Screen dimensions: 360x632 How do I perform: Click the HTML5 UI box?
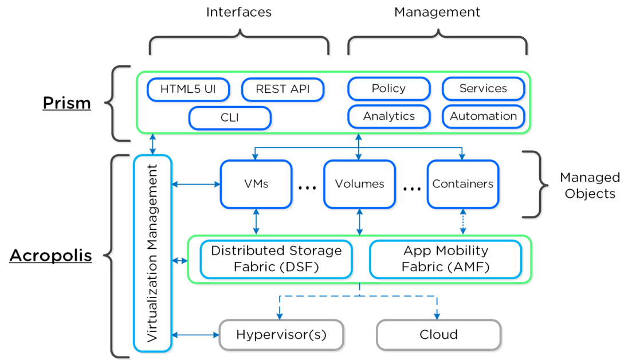click(x=189, y=89)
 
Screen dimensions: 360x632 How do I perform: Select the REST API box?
click(x=283, y=89)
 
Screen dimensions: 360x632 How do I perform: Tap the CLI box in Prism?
click(x=230, y=118)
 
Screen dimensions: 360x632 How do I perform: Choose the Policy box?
click(x=388, y=89)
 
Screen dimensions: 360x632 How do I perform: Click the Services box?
click(x=483, y=89)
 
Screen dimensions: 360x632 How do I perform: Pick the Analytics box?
click(x=388, y=116)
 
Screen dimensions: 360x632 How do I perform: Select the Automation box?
click(x=483, y=116)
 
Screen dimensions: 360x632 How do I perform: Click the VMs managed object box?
click(x=256, y=184)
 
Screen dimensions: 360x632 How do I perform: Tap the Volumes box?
click(x=359, y=184)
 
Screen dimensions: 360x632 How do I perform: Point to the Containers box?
click(x=462, y=184)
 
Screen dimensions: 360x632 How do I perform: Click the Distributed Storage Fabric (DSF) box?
click(x=276, y=259)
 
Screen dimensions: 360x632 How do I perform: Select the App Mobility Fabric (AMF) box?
click(x=445, y=259)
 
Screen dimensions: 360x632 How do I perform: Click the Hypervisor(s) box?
click(x=281, y=334)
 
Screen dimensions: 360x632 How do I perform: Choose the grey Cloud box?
click(x=438, y=334)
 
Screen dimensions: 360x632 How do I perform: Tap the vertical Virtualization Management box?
click(x=152, y=253)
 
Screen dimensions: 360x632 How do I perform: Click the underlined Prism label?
click(x=66, y=103)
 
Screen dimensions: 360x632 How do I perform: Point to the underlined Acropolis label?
click(x=50, y=255)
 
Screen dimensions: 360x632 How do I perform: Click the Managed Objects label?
click(x=590, y=185)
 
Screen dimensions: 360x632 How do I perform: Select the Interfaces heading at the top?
click(x=238, y=12)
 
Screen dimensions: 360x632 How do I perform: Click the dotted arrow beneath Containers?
click(x=463, y=221)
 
